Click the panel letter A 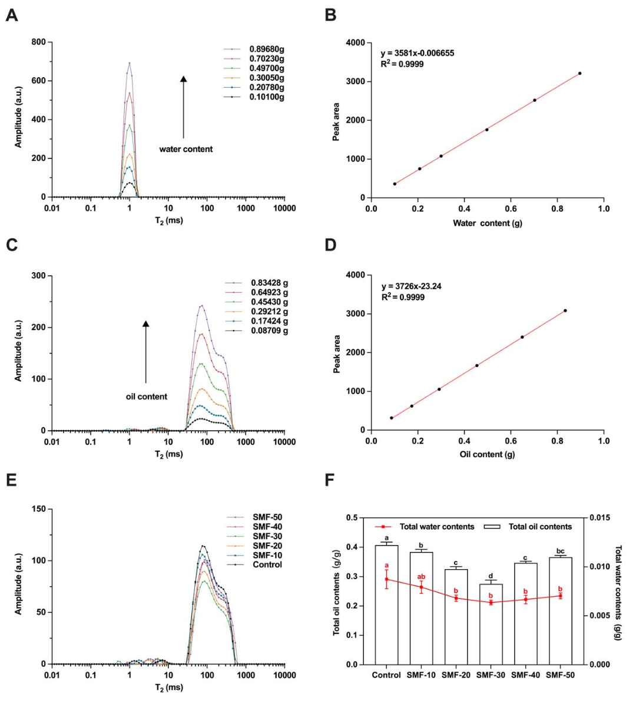(x=11, y=15)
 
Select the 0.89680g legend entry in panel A (x=267, y=49)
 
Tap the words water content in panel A (x=186, y=149)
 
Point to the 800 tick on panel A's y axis (x=38, y=42)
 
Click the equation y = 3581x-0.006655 (x=418, y=53)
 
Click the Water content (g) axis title (x=487, y=223)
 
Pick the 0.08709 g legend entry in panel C (x=269, y=331)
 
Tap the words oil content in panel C (x=147, y=397)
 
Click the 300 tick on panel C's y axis (x=38, y=276)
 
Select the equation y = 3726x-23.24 (x=411, y=286)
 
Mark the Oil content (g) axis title (x=487, y=454)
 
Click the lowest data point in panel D (x=392, y=418)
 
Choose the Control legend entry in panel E (x=267, y=564)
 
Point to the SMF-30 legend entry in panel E (x=267, y=536)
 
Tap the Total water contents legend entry (x=436, y=527)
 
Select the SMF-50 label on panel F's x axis (x=560, y=675)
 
